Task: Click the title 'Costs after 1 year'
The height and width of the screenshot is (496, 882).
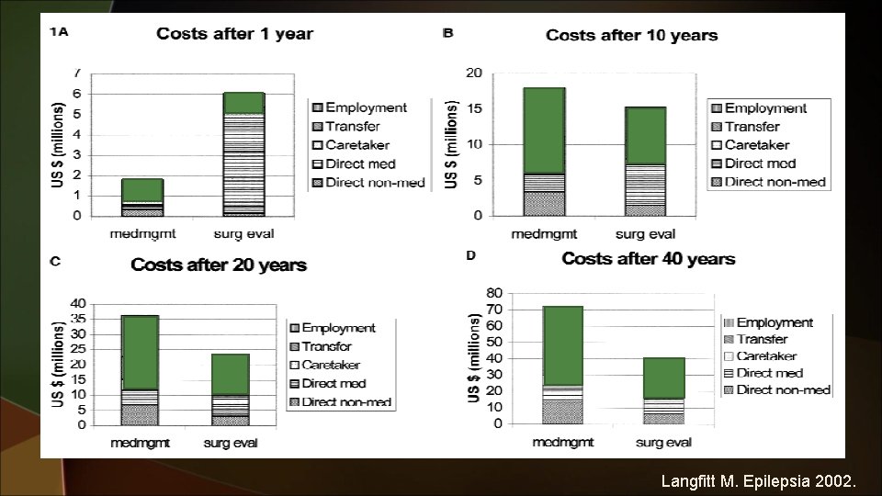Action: [x=234, y=34]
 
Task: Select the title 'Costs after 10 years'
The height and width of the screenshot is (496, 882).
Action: [x=631, y=35]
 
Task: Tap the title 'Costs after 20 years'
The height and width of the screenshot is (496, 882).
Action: [x=218, y=265]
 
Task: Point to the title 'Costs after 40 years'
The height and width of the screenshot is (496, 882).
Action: [x=648, y=258]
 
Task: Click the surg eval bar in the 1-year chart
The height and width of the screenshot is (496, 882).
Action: [x=243, y=153]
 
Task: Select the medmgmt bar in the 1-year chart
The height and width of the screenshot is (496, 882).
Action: [x=141, y=197]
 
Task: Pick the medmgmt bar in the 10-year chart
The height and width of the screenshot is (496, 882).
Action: [x=545, y=152]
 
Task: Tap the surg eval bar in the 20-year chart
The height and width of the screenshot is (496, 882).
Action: [x=230, y=389]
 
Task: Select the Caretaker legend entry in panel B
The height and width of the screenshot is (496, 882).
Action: [x=763, y=145]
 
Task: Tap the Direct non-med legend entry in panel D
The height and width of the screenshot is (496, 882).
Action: [x=784, y=389]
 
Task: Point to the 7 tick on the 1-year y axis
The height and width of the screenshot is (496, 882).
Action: [x=77, y=73]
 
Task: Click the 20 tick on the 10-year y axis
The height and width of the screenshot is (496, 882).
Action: [x=474, y=73]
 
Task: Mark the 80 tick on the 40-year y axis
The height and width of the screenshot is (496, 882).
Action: [x=493, y=293]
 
